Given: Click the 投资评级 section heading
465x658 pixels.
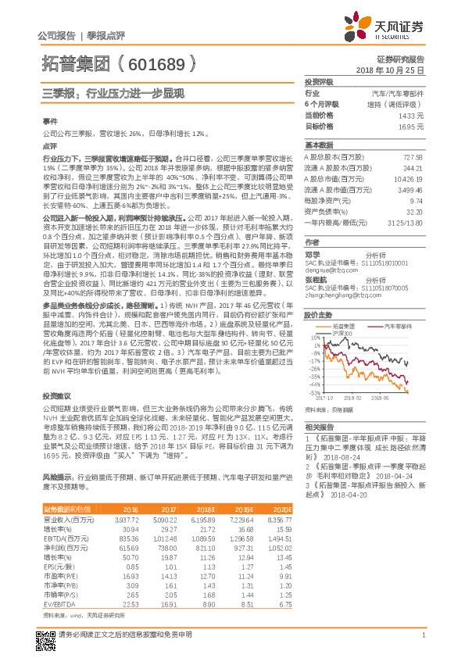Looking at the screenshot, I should (319, 82).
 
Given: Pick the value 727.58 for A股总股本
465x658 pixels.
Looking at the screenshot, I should (413, 157).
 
